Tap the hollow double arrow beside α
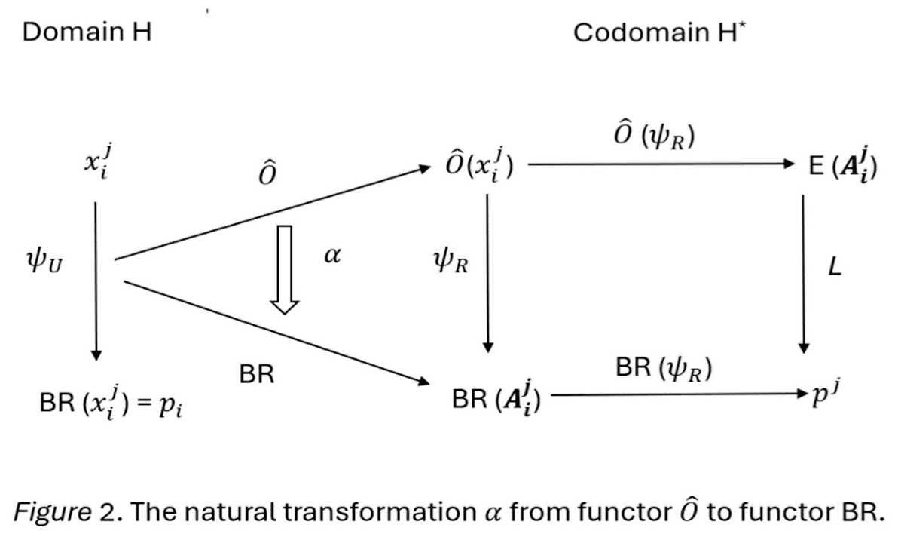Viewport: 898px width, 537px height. click(285, 268)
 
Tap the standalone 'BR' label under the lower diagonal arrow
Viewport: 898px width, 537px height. click(256, 376)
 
